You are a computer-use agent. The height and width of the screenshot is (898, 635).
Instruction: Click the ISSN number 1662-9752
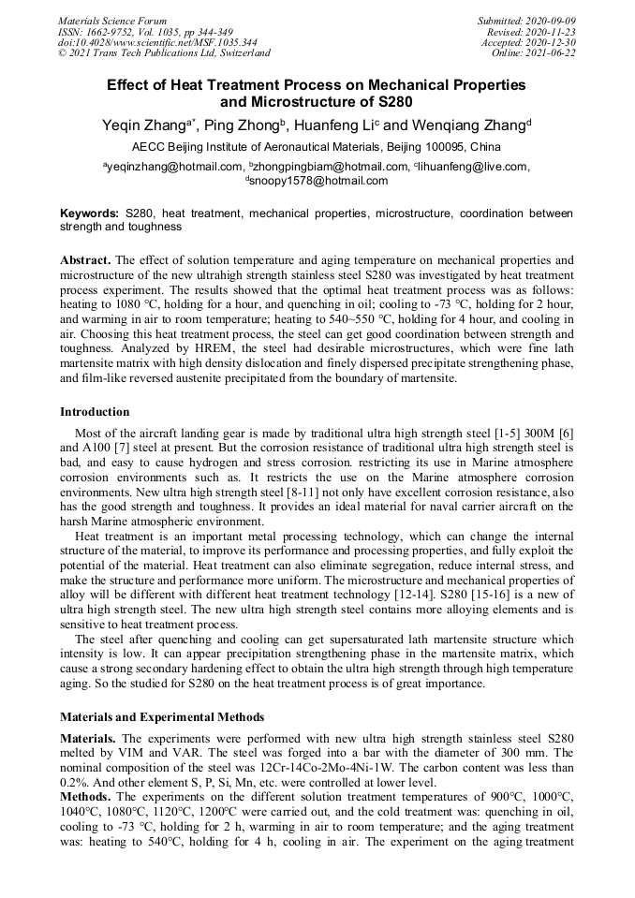pos(110,32)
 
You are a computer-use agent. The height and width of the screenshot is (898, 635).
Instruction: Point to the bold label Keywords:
pos(90,213)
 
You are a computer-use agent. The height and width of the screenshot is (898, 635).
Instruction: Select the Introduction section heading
pos(95,411)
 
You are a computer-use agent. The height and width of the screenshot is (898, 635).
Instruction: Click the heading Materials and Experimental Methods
pos(162,716)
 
